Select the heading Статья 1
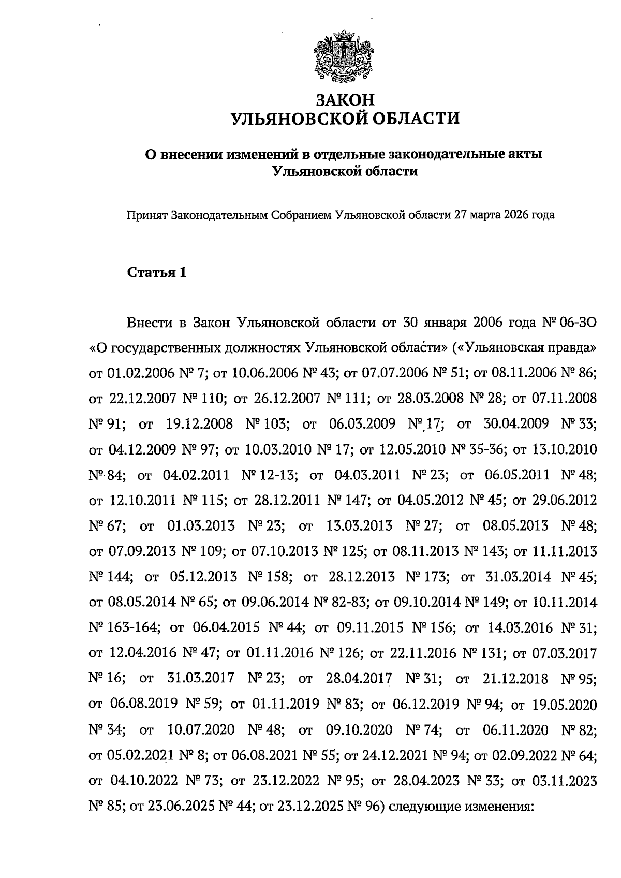pos(156,272)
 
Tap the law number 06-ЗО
pos(578,323)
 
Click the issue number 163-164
pos(130,627)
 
